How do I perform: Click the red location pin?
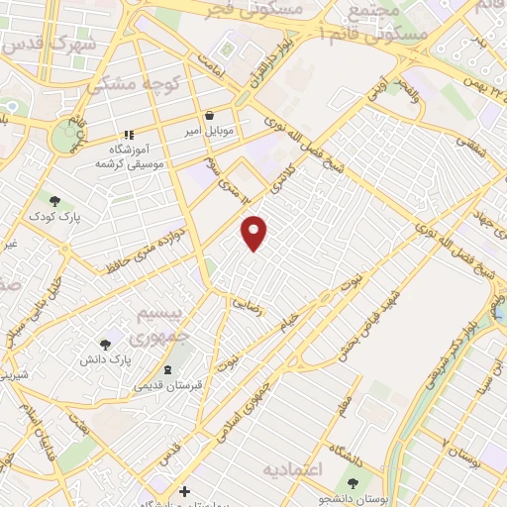click(x=254, y=232)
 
